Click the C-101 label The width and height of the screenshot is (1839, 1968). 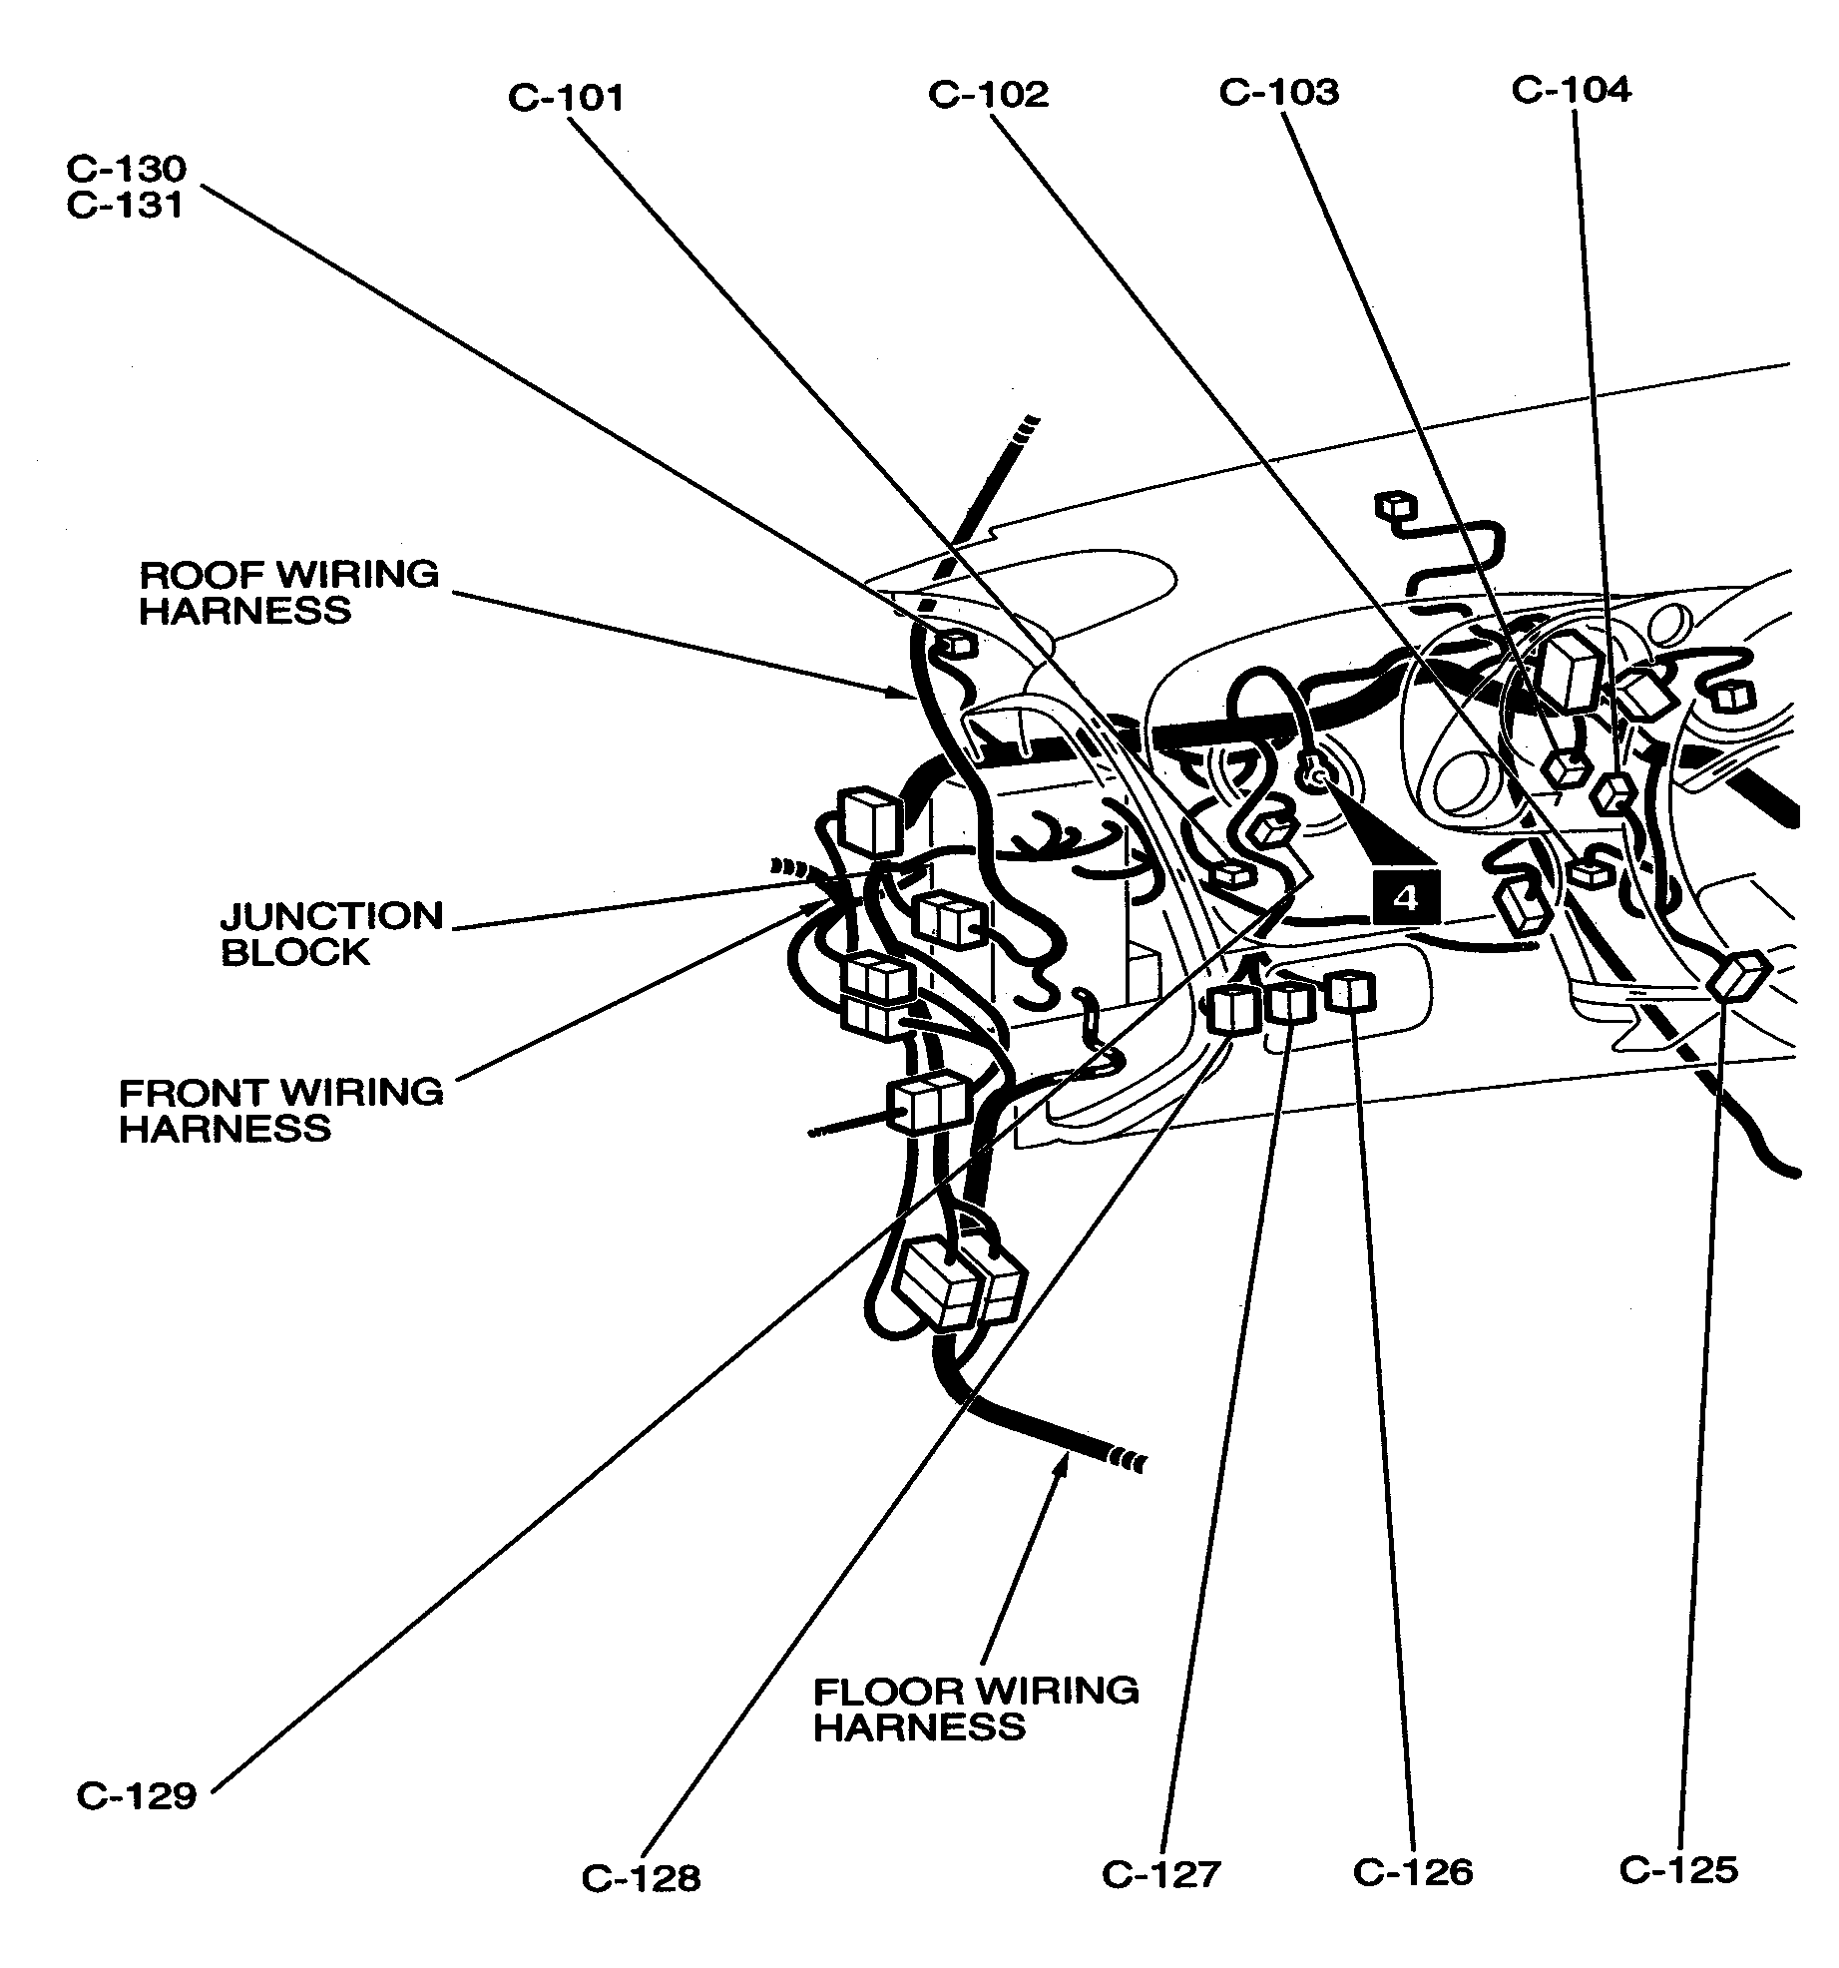coord(566,98)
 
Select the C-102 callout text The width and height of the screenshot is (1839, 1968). coord(988,95)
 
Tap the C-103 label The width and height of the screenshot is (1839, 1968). coord(1278,92)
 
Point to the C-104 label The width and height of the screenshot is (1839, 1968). coord(1571,89)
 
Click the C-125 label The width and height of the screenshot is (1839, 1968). coord(1678,1869)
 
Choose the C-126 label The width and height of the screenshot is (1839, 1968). coord(1413,1872)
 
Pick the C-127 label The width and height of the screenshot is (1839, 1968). coord(1161,1874)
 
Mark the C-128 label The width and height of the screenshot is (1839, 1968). coord(642,1878)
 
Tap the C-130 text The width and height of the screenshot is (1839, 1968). coord(127,169)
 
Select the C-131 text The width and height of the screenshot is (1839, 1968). coord(127,205)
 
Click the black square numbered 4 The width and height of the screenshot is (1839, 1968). coord(1405,897)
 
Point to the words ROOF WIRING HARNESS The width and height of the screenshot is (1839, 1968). coord(288,592)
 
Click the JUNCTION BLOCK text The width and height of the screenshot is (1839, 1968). coord(331,933)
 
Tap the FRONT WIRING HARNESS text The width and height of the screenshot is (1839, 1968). coord(280,1110)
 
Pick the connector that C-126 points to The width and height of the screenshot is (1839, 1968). coord(1352,992)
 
